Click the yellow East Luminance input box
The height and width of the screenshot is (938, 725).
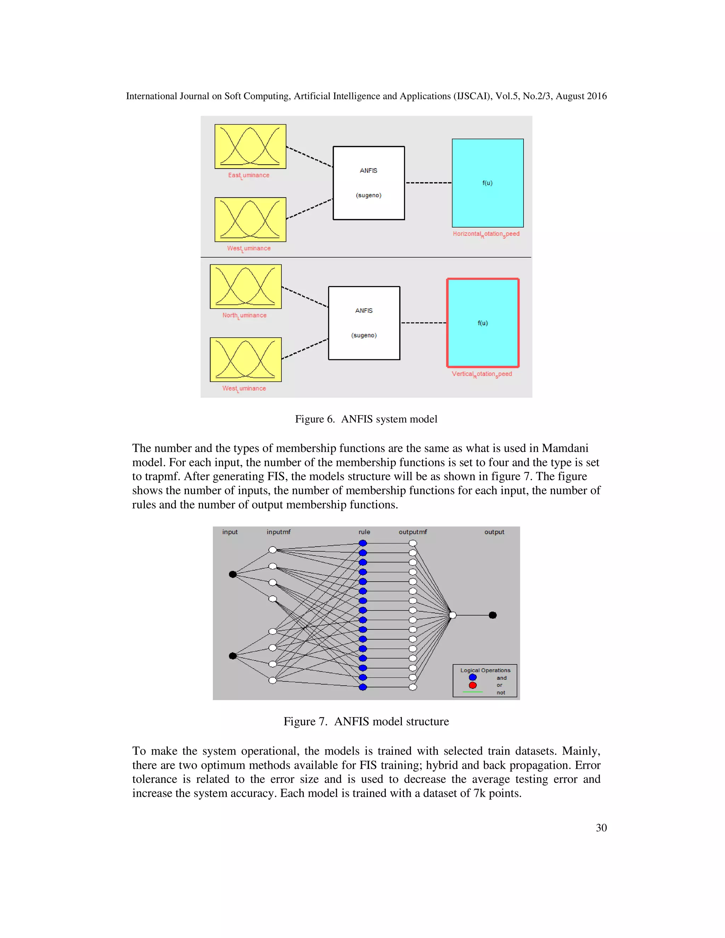tap(250, 147)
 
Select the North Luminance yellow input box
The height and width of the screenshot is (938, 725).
tap(245, 286)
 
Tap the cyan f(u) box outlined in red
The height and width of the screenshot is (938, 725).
tap(483, 323)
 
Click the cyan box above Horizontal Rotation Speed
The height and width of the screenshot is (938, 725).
tap(487, 183)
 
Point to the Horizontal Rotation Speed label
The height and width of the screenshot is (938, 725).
tap(486, 234)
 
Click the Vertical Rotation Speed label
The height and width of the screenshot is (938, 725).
tap(481, 374)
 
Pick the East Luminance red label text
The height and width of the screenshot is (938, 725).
tap(249, 175)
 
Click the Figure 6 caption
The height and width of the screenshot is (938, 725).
tap(366, 419)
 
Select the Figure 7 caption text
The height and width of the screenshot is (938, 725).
tap(366, 721)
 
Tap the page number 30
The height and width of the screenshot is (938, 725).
tap(601, 828)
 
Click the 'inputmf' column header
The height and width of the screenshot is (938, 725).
tap(278, 532)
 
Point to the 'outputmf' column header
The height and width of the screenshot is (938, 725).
tap(412, 532)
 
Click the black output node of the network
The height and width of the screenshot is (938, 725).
tap(493, 616)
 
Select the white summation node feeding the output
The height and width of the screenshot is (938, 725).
tap(453, 616)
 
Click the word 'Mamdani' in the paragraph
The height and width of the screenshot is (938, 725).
tap(565, 448)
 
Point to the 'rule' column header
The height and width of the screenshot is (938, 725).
tap(364, 532)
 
